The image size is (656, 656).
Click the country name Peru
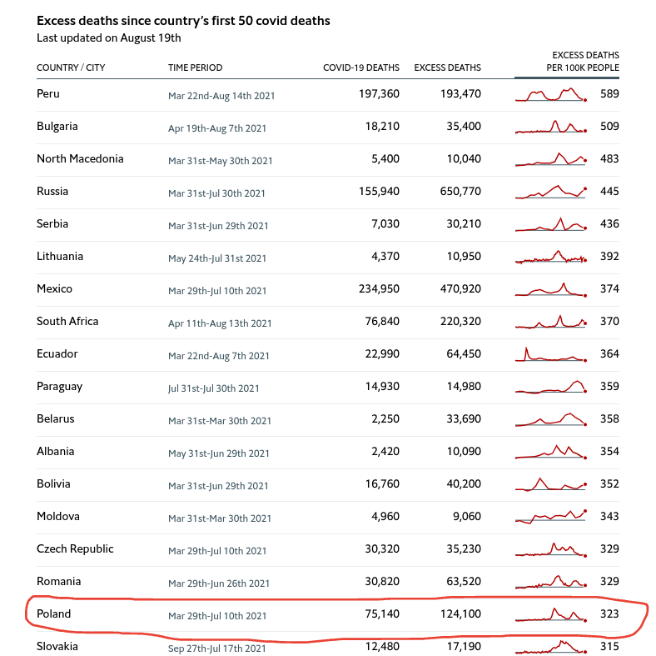48,94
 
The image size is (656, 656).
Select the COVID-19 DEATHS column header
360,68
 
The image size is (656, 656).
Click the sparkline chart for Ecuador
550,355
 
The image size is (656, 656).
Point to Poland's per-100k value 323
609,614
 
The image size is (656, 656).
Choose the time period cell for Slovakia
216,648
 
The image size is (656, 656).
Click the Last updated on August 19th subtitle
109,38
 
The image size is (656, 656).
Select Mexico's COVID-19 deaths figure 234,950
379,289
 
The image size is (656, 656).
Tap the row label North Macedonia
80,159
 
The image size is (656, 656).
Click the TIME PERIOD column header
195,68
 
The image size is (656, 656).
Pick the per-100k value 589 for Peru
609,94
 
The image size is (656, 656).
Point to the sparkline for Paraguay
550,387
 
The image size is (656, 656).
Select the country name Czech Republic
75,549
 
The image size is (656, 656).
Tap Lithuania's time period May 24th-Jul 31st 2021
217,258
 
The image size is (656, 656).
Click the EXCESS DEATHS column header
447,68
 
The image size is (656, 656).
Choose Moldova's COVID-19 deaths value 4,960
385,517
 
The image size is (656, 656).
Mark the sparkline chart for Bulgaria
550,128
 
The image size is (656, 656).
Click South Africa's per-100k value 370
609,322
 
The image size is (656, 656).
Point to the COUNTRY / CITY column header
71,68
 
